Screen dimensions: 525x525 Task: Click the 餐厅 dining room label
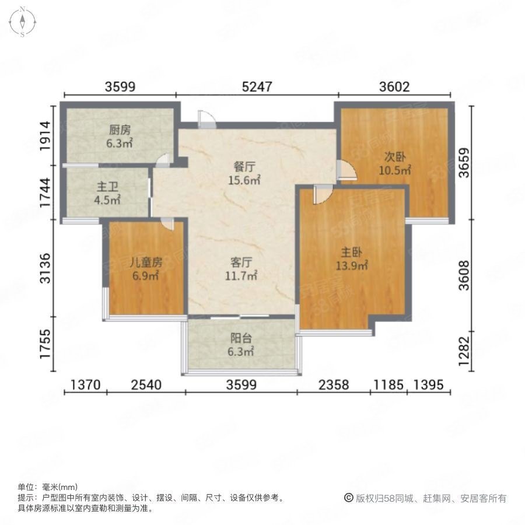(x=243, y=167)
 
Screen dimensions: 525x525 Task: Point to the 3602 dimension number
(x=394, y=87)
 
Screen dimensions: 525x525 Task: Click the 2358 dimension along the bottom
(x=334, y=385)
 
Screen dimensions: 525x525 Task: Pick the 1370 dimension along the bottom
(x=86, y=385)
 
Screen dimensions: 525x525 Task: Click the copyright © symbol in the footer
(x=349, y=498)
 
